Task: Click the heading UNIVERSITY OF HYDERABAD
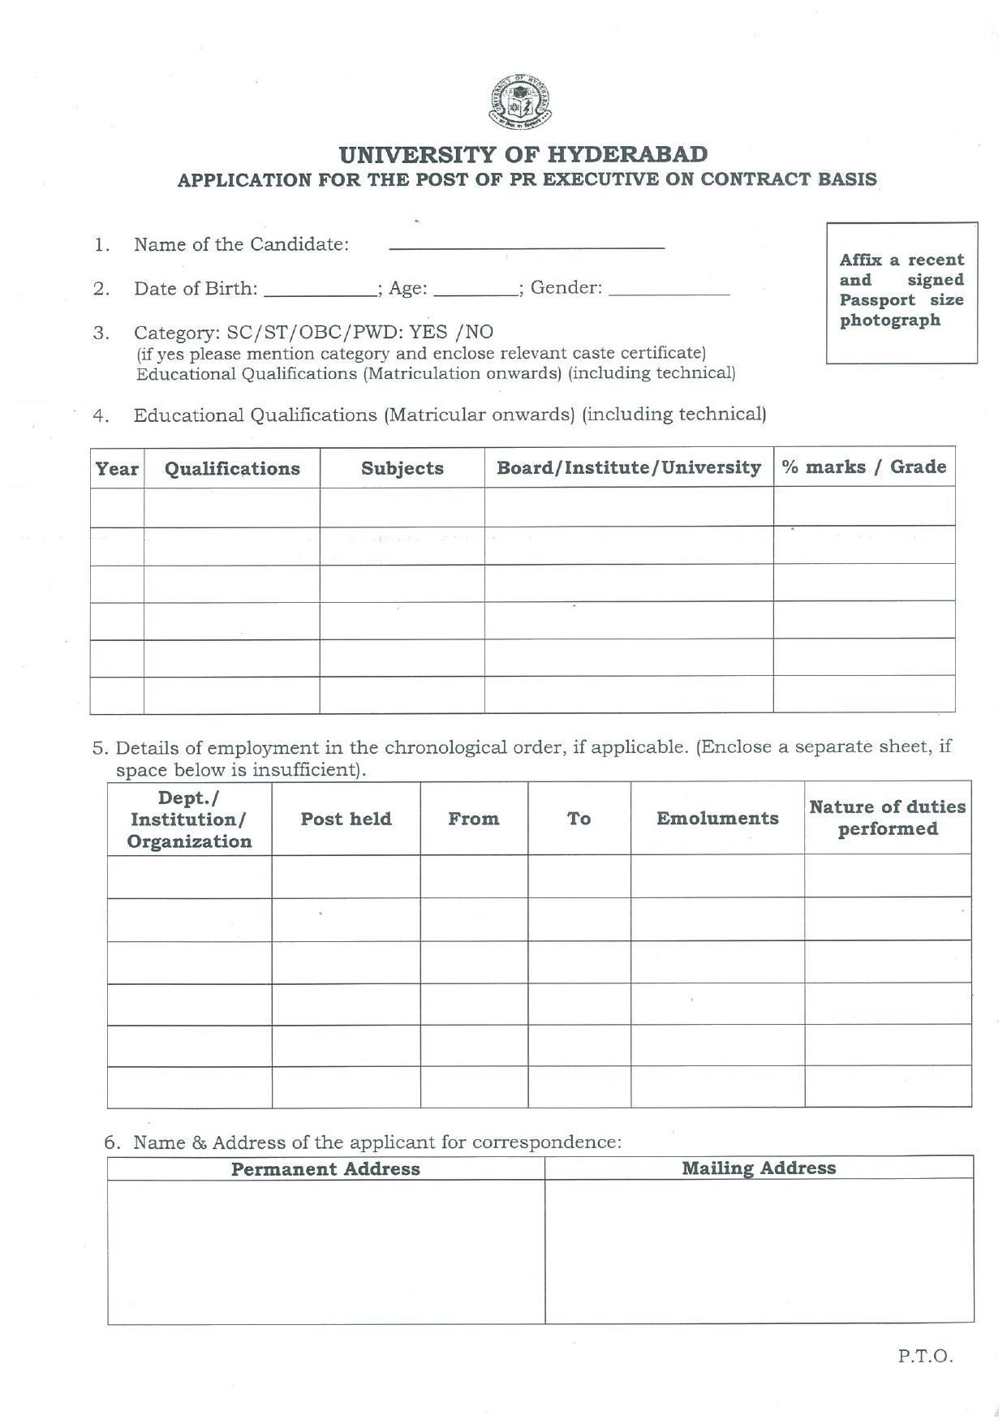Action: pyautogui.click(x=523, y=154)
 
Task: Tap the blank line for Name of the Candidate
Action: pyautogui.click(x=527, y=243)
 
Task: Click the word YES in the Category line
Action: pyautogui.click(x=428, y=332)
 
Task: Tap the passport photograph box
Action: pyautogui.click(x=902, y=292)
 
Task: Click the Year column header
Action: pyautogui.click(x=117, y=469)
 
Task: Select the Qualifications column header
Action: pyautogui.click(x=232, y=469)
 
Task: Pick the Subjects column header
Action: pyautogui.click(x=402, y=469)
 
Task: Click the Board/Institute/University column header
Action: pyautogui.click(x=629, y=468)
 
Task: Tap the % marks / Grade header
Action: pyautogui.click(x=863, y=467)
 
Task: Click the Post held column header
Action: pyautogui.click(x=346, y=819)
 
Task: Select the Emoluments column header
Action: pyautogui.click(x=717, y=818)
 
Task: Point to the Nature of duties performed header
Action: pyautogui.click(x=888, y=818)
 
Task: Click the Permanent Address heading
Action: pyautogui.click(x=325, y=1169)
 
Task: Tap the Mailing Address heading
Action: pyautogui.click(x=759, y=1168)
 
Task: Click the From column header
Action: pyautogui.click(x=474, y=819)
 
